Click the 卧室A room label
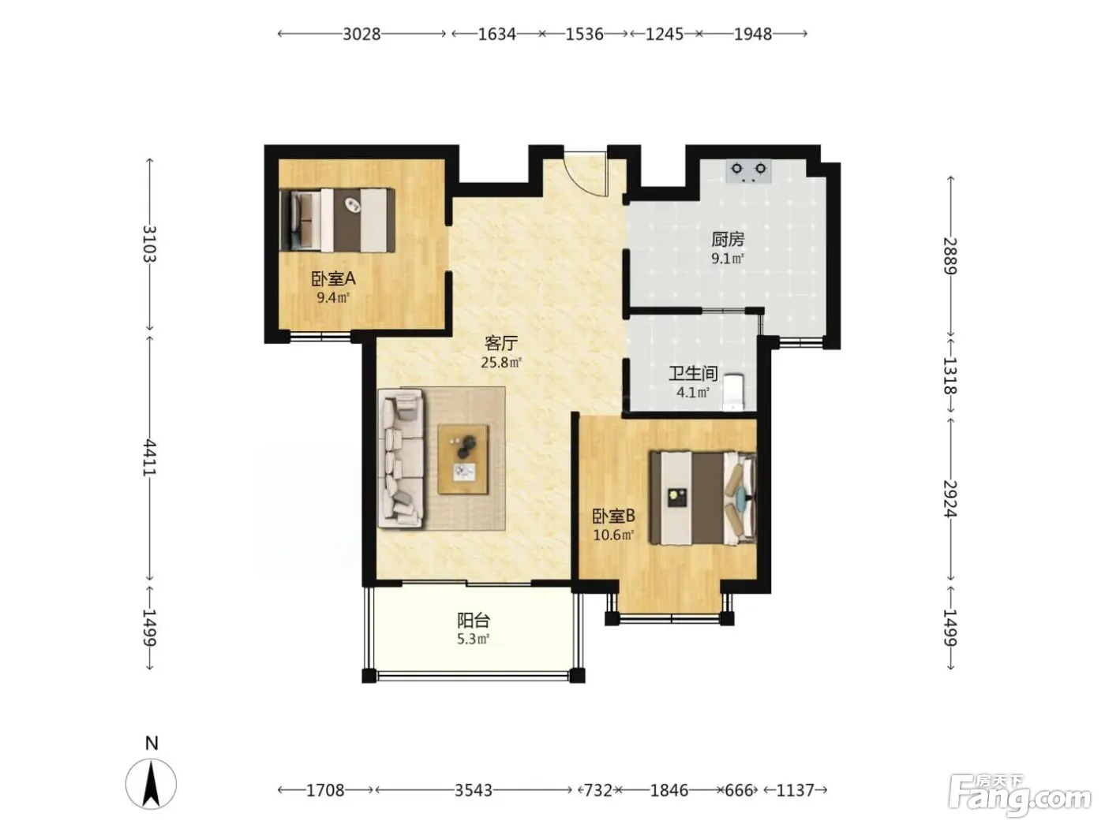point(333,278)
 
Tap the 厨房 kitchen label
point(728,239)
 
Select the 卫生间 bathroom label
point(693,374)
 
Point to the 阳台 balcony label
point(474,621)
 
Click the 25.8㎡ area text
point(501,362)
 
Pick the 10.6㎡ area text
point(612,535)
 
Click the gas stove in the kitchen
point(748,171)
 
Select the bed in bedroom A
point(337,220)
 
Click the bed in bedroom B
point(702,498)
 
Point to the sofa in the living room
point(401,460)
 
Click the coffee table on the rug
point(463,460)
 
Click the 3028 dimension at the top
point(361,34)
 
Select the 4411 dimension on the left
point(149,457)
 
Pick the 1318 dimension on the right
point(950,375)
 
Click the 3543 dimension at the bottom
point(474,790)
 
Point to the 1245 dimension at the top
point(664,34)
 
